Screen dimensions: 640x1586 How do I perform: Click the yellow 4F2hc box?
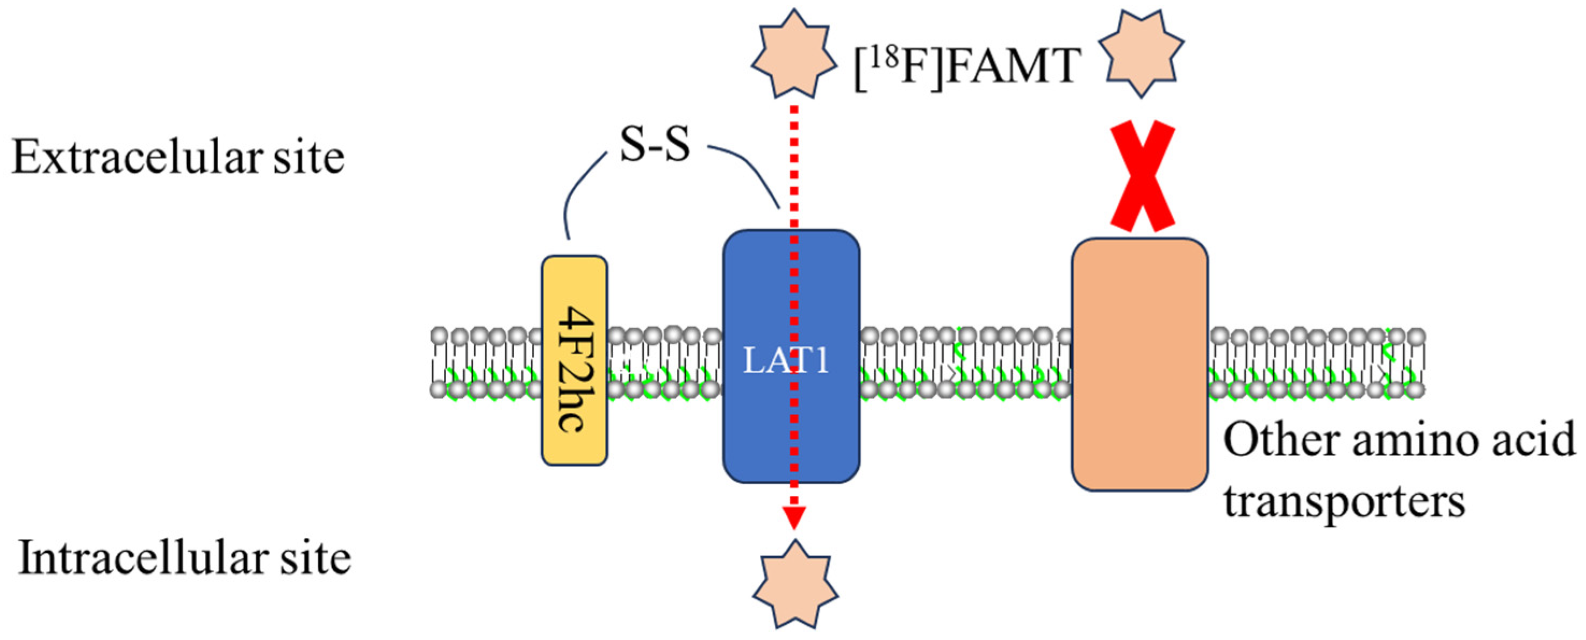574,360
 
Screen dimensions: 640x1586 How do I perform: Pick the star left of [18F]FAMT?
794,54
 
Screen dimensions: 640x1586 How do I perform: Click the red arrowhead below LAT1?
794,517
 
